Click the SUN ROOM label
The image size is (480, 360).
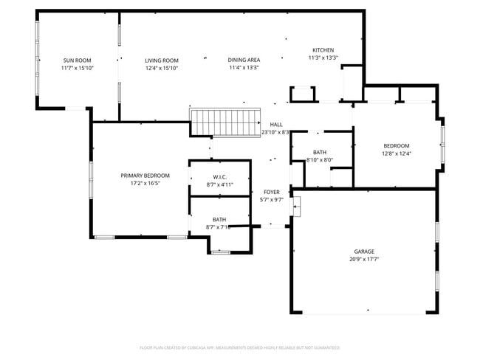coord(77,60)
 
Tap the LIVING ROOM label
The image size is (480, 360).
coord(162,60)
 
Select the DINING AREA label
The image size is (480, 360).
coord(244,60)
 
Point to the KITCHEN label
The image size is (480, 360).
coord(323,50)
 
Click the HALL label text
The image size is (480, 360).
coord(276,125)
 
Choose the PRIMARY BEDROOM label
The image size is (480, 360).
coord(145,176)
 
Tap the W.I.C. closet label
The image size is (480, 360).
coord(219,177)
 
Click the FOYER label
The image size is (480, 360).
coord(272,192)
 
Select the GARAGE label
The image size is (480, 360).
coord(363,252)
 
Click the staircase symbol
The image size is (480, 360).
coord(227,122)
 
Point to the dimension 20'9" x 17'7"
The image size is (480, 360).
coord(363,260)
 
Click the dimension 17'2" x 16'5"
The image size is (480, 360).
coord(145,184)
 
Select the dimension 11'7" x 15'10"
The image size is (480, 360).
coord(77,69)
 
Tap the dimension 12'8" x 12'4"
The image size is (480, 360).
coord(396,154)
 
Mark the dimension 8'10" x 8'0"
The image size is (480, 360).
coord(320,160)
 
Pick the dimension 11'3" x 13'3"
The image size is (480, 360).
coord(323,58)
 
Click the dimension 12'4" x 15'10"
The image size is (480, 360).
coord(162,69)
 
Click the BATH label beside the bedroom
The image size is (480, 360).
coord(320,152)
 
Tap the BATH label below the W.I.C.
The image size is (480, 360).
coord(219,219)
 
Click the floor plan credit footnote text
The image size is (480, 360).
coord(240,347)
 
